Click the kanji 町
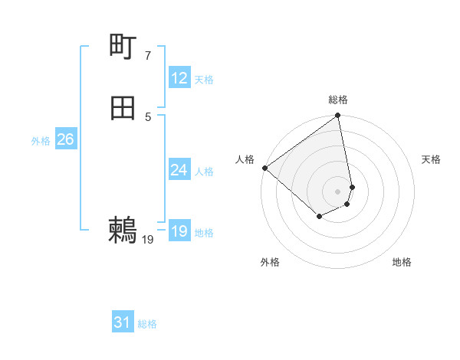pos(123,47)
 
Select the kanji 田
pos(123,109)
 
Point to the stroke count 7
pos(147,55)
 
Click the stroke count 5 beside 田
pos(147,116)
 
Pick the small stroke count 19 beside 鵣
pos(148,240)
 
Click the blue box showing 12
pos(179,78)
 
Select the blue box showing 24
pos(179,170)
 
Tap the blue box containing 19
pos(179,231)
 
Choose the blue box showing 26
pos(65,139)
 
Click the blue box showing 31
pos(122,323)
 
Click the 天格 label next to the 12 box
pos(204,80)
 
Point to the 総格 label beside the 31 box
pos(147,325)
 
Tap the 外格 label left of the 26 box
pos(41,141)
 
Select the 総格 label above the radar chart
pos(338,100)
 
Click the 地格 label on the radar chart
pos(402,262)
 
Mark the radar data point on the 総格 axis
pos(338,116)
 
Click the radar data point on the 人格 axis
pos(264,168)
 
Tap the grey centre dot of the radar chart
pos(338,191)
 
